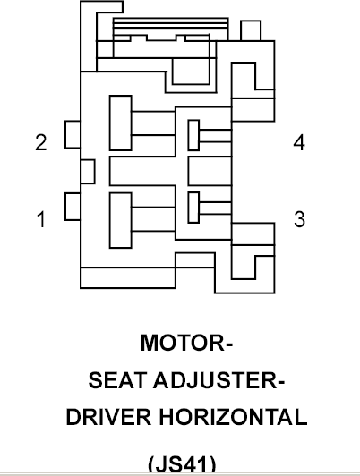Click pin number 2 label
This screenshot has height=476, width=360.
[x=41, y=142]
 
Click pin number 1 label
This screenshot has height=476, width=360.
[x=41, y=219]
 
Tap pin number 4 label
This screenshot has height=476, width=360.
[x=299, y=142]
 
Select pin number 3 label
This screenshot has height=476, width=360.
[x=299, y=219]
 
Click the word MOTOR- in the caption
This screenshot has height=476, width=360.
[x=186, y=343]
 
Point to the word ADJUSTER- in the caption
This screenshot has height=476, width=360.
[x=219, y=380]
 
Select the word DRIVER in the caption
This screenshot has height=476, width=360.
[x=108, y=417]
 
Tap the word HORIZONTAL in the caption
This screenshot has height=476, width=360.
[x=233, y=417]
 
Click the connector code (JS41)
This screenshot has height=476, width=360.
[x=183, y=463]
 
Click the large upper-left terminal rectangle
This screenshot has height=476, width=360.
[x=121, y=123]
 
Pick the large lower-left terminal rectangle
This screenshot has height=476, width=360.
[x=121, y=220]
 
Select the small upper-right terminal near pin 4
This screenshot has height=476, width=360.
[x=193, y=135]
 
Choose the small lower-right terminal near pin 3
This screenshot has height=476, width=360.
[x=193, y=208]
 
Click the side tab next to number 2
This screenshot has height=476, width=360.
[x=73, y=134]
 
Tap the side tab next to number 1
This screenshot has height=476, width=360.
[x=73, y=207]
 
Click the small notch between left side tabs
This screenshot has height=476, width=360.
[x=88, y=172]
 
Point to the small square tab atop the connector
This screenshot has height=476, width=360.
[x=251, y=30]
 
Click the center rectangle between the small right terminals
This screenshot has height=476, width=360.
[x=210, y=171]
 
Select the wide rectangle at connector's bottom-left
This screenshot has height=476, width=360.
[x=128, y=277]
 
